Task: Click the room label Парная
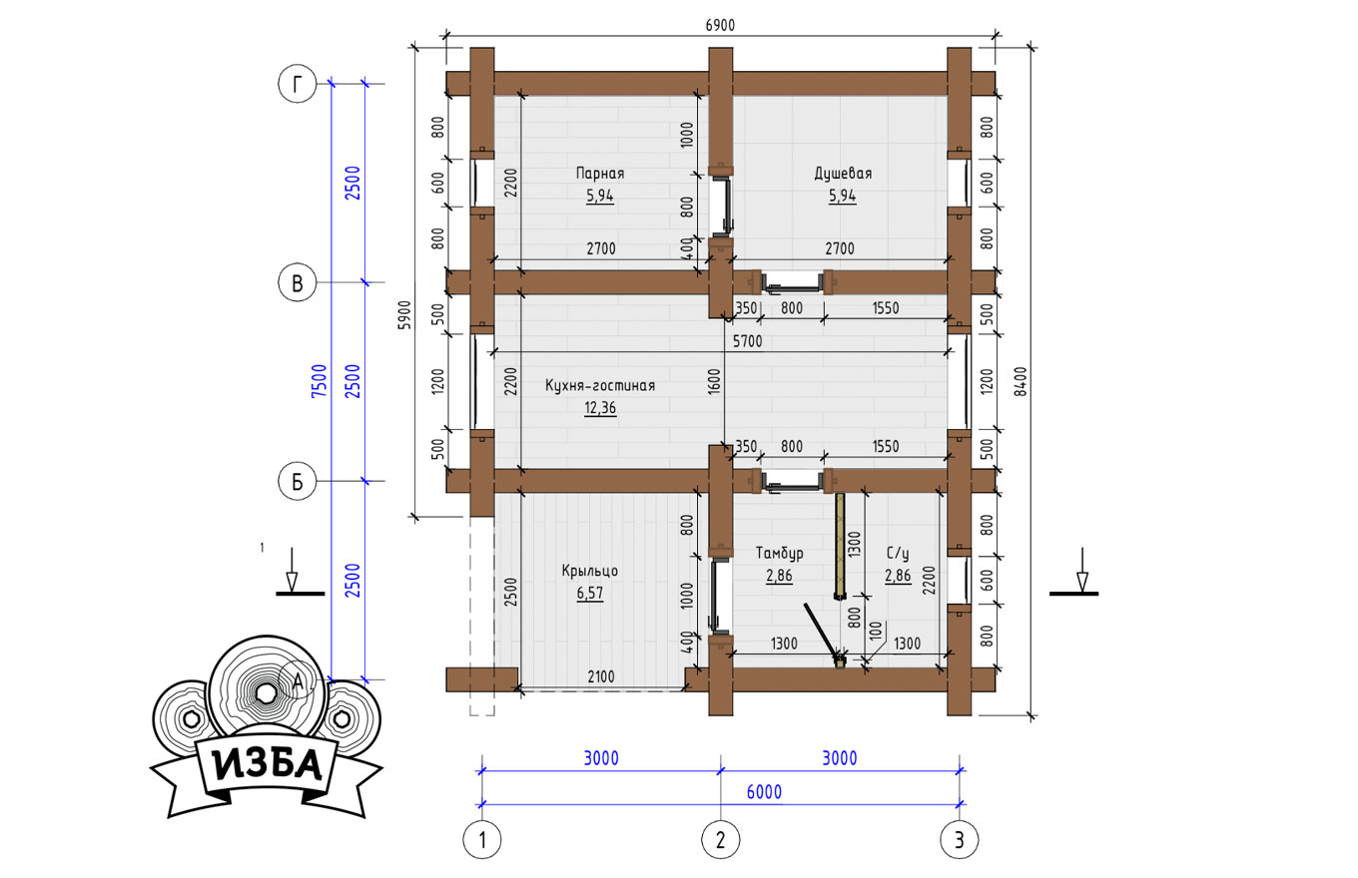599,174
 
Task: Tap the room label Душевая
843,174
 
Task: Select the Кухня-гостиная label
599,386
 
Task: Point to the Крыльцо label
590,571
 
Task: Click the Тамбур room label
779,553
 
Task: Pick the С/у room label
898,553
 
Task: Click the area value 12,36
599,408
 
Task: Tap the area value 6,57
590,593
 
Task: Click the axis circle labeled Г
298,84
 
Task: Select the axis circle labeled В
298,282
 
